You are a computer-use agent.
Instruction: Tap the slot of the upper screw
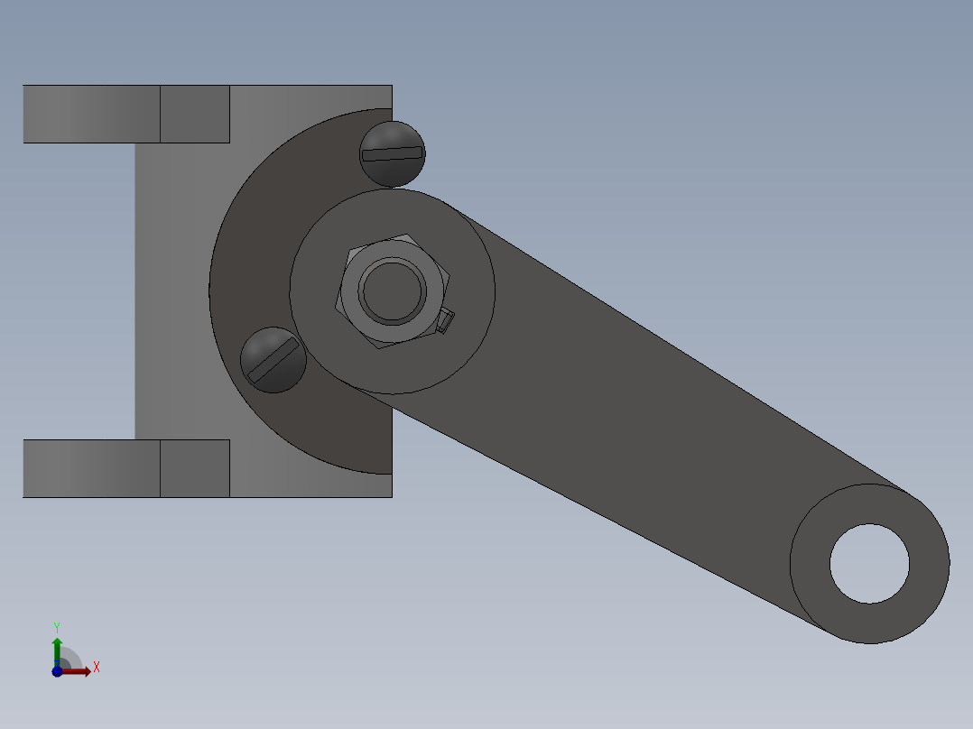[393, 153]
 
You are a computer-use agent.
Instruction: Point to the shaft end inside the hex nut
[393, 291]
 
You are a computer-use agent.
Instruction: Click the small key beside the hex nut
[445, 321]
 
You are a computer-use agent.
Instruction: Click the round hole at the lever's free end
[869, 564]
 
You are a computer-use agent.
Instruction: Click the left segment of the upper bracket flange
[90, 114]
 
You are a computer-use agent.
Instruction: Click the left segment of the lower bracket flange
[90, 468]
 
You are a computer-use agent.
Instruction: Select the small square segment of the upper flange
[195, 114]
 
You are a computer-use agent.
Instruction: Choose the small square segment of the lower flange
[195, 468]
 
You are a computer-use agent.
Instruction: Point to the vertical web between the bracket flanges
[171, 289]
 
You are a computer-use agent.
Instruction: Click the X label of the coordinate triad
[97, 668]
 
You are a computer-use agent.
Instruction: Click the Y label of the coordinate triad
[56, 627]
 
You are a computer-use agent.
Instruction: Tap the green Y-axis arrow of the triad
[57, 648]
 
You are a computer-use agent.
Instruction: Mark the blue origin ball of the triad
[57, 671]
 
